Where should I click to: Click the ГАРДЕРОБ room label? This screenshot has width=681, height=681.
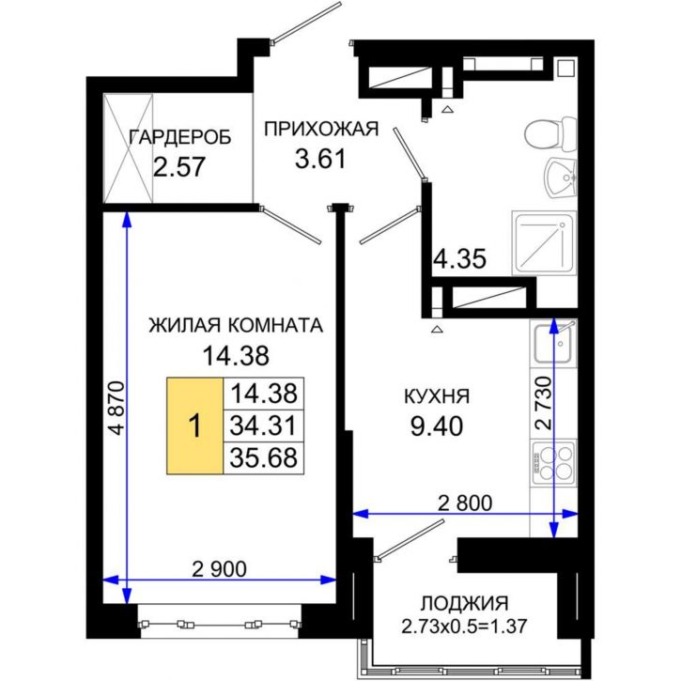pos(179,137)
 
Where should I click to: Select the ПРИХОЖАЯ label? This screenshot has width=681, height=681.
pos(320,129)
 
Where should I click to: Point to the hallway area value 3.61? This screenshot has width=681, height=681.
pos(320,158)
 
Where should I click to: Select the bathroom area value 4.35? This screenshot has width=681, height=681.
pos(459,259)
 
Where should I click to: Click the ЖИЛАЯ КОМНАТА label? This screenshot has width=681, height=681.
pos(236,326)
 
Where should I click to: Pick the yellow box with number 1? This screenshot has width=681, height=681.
pos(194,426)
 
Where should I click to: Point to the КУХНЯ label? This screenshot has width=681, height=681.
pos(437,396)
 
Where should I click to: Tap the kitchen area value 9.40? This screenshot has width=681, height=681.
pos(437,427)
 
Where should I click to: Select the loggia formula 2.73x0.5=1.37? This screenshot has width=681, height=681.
pos(463,627)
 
